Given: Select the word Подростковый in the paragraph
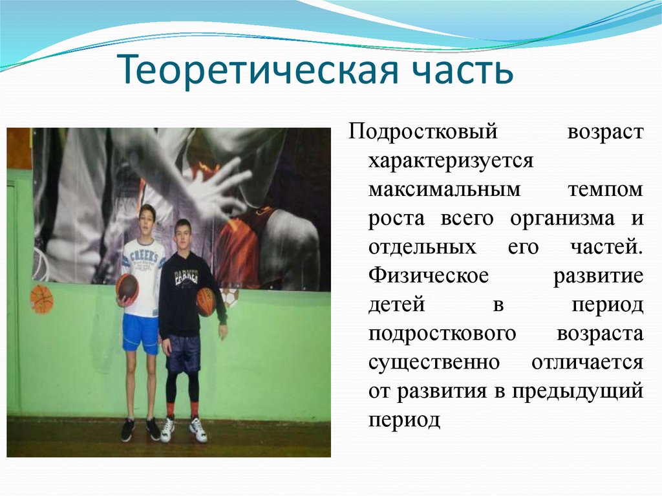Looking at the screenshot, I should tap(423, 132).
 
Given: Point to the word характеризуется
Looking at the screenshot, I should tap(451, 161).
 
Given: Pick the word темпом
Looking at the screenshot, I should tap(605, 190).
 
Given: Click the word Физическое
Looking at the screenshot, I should tap(429, 276).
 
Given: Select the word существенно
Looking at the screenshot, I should tap(434, 362).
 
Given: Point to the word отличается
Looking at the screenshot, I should tap(587, 362).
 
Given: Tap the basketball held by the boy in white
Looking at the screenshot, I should tap(127, 286).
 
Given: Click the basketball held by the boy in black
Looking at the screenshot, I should tap(206, 301).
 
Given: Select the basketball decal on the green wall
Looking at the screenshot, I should tap(41, 299).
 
